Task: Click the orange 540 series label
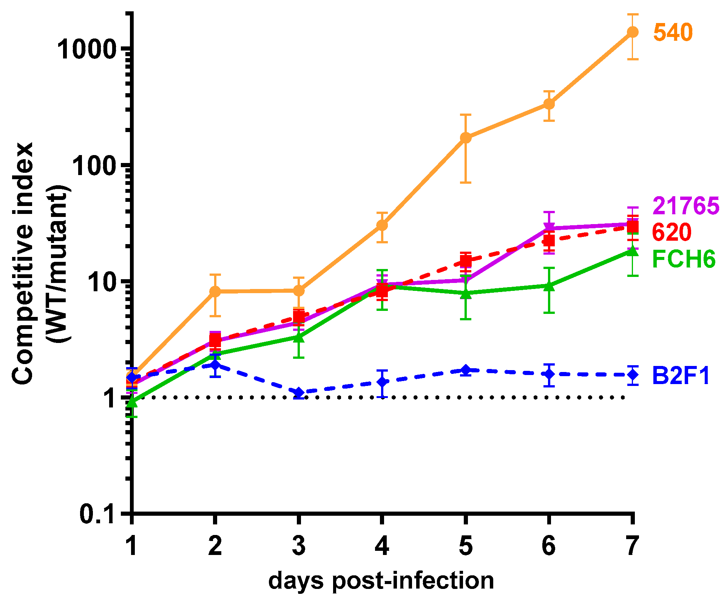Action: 673,32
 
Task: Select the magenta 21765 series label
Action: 685,206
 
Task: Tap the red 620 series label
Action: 671,232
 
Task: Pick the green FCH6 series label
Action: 684,259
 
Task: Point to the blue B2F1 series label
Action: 681,376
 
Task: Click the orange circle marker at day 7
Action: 633,32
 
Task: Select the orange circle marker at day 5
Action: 466,138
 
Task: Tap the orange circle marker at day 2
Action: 215,291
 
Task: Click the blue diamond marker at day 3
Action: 299,393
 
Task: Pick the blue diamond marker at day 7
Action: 633,375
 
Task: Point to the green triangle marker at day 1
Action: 131,402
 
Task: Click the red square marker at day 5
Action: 466,261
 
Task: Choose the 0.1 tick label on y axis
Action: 97,513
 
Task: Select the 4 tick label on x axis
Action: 382,546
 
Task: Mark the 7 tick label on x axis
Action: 633,546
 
